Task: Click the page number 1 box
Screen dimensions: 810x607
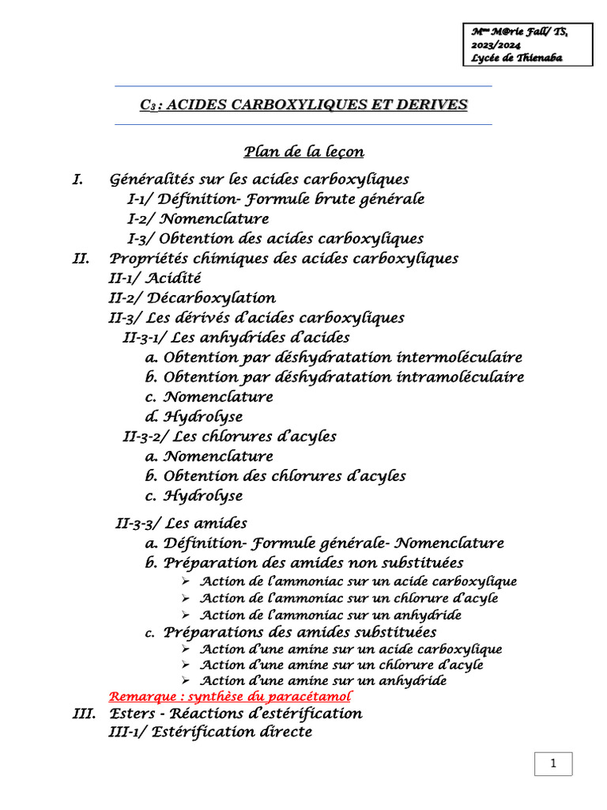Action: coord(553,763)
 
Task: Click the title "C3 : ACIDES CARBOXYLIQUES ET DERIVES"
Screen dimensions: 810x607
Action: coord(303,104)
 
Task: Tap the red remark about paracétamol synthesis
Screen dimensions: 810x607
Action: coord(229,697)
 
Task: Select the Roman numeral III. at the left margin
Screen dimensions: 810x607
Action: coord(83,713)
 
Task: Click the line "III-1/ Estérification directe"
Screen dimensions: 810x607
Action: coord(210,732)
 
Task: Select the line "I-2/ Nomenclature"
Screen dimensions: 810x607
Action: coord(198,219)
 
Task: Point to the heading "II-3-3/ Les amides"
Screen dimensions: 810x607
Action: coord(181,523)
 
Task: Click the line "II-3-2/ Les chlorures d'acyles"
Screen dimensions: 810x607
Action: coord(230,437)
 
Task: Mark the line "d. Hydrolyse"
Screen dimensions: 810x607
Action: coord(194,417)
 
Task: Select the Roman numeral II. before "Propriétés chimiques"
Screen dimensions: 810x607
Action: coord(81,259)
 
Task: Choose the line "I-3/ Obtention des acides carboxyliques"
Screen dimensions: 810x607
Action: coord(275,239)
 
